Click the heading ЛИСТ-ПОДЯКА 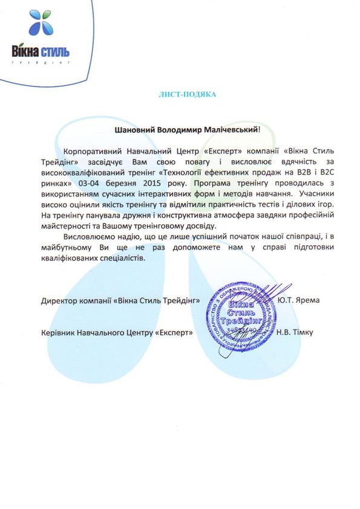point(186,95)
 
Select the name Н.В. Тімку point(293,332)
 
